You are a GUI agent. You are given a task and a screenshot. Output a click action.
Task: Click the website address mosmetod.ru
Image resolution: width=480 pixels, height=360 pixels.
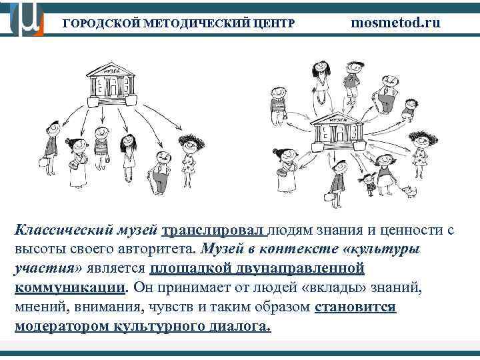click(396, 23)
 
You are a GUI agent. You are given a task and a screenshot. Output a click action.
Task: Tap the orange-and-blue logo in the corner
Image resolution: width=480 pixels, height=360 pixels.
click(25, 19)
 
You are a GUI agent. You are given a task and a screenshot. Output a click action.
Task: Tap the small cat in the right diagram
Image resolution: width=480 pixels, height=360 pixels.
click(410, 191)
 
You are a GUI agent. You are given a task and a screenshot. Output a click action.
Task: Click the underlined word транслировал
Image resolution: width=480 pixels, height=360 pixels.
click(213, 231)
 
